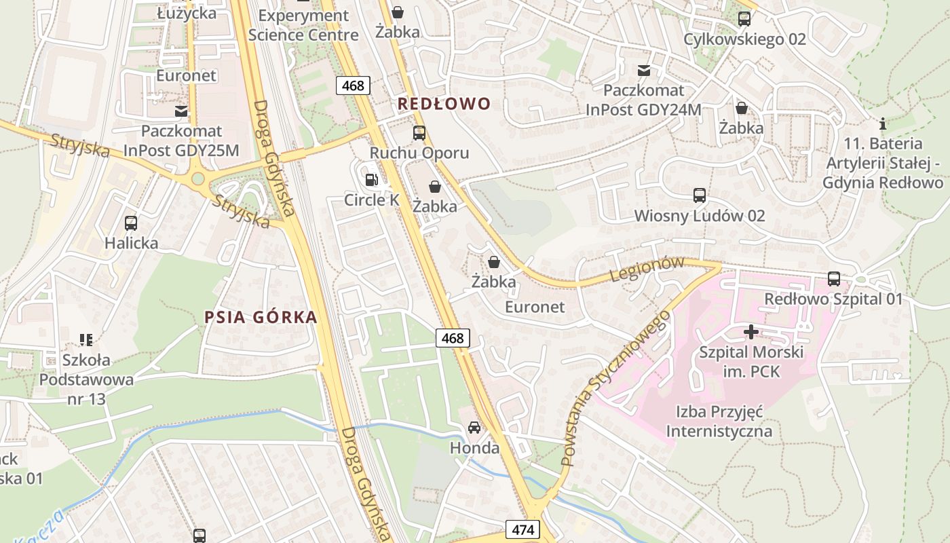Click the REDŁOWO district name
coord(444,104)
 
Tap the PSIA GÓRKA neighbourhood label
coord(261,317)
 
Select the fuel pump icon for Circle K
coord(371,180)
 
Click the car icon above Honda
coord(474,427)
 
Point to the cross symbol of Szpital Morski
coord(751,332)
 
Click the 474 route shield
coord(522,529)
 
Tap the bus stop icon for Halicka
coord(131,223)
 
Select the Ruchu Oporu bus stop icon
coord(419,132)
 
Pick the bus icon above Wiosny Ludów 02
coord(700,195)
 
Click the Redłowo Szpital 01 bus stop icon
coord(834,278)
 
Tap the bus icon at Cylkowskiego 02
coord(744,18)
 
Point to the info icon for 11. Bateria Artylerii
coord(883,124)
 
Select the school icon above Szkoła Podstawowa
coord(85,339)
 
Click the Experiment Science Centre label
coord(303,25)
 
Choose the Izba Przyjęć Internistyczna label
coord(719,421)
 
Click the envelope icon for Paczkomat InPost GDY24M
coord(643,70)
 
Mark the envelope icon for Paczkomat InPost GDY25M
coord(181,111)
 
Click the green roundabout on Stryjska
coord(197,179)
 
